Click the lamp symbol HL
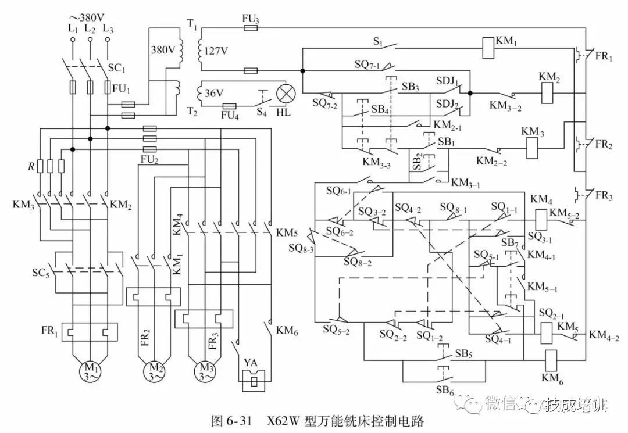pyautogui.click(x=286, y=94)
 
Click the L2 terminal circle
pyautogui.click(x=90, y=40)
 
